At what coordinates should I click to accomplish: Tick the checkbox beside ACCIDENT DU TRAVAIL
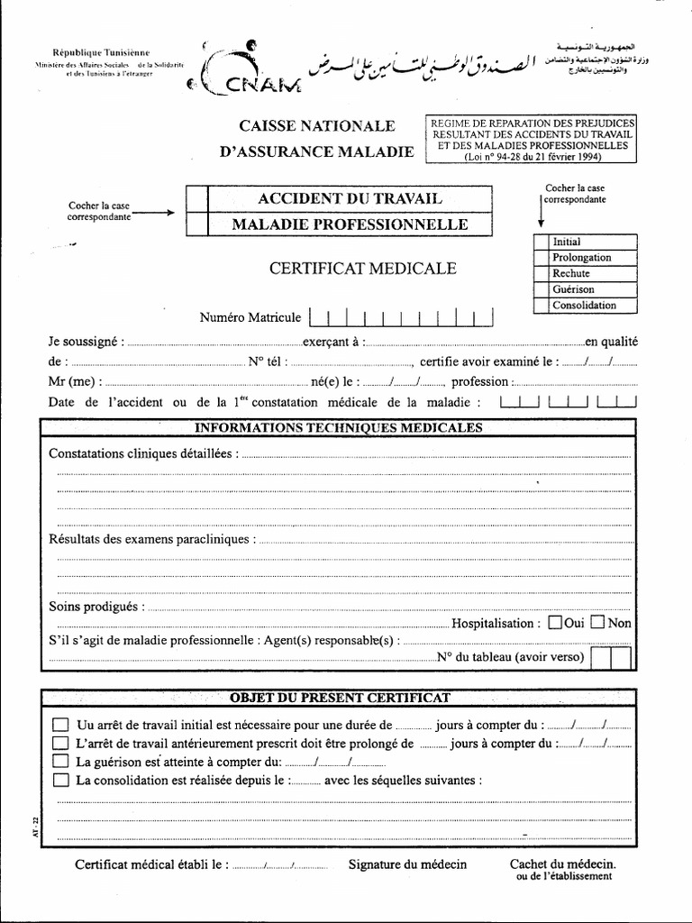point(196,198)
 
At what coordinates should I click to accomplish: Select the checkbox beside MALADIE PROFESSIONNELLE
point(196,223)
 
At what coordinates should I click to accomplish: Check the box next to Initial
point(541,242)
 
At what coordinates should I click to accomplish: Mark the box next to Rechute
point(541,273)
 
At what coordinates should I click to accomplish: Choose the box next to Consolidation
point(541,306)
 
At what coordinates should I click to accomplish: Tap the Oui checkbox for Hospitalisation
point(555,622)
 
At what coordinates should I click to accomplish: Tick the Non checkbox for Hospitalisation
point(597,622)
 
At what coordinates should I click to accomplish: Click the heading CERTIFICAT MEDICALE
point(363,268)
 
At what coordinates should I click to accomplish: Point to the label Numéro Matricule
point(250,317)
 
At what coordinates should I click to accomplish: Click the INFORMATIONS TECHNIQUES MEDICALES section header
point(339,427)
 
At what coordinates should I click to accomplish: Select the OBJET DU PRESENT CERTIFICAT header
point(341,698)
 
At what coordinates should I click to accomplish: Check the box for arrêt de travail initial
point(60,725)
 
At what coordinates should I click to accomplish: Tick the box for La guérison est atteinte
point(60,762)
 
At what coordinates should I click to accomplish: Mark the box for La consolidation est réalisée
point(60,780)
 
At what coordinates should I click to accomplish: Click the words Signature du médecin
point(408,864)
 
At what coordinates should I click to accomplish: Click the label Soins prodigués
point(95,606)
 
